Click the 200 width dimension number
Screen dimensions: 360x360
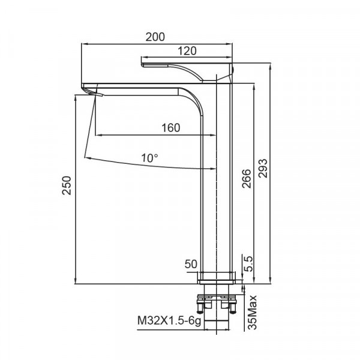pyautogui.click(x=155, y=37)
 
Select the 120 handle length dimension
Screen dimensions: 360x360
pyautogui.click(x=187, y=51)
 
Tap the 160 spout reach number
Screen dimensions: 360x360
pyautogui.click(x=171, y=128)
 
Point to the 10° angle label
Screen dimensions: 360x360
pyautogui.click(x=149, y=158)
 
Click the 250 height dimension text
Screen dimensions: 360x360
pyautogui.click(x=67, y=185)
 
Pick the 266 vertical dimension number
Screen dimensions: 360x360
pyautogui.click(x=247, y=179)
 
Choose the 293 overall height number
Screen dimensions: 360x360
pyautogui.click(x=263, y=168)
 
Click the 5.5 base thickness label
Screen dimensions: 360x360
pyautogui.click(x=248, y=264)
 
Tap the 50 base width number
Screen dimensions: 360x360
pyautogui.click(x=191, y=264)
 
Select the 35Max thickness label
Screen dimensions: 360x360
pyautogui.click(x=253, y=312)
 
